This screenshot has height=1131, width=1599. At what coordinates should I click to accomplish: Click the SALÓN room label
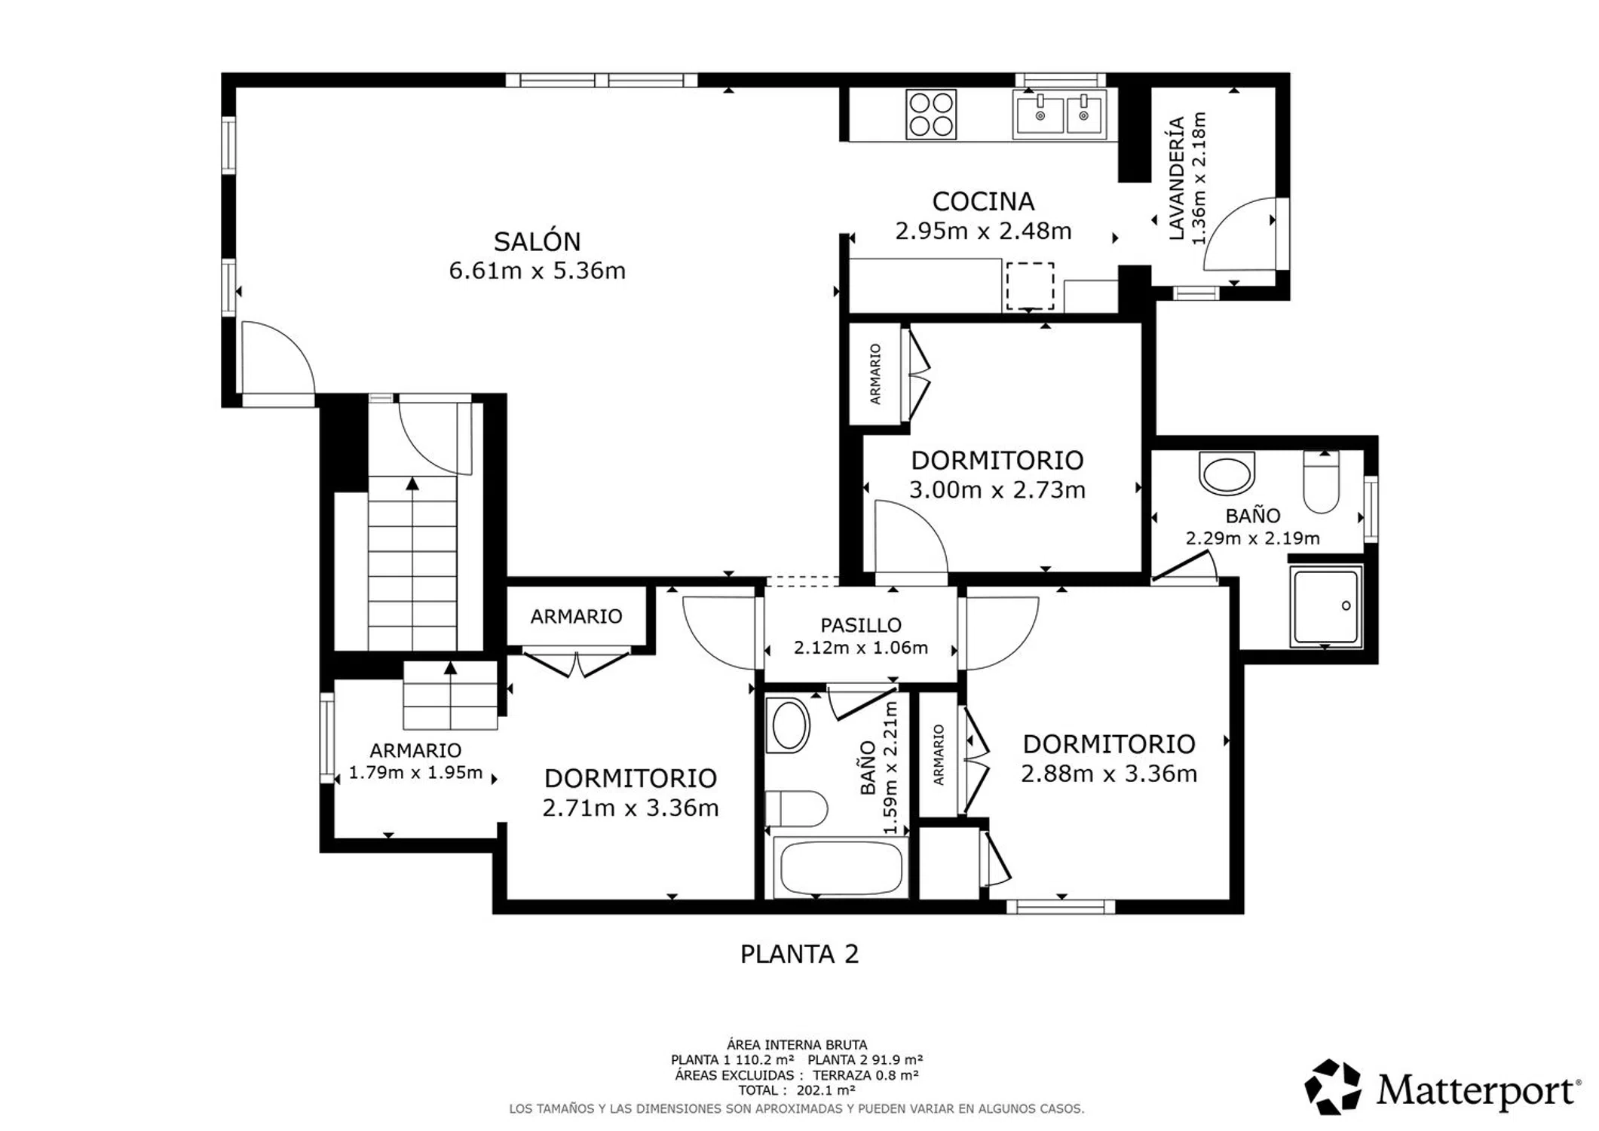coord(537,241)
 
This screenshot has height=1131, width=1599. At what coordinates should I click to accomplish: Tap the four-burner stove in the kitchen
coord(931,115)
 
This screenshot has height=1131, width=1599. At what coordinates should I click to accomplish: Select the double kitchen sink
coord(1060,114)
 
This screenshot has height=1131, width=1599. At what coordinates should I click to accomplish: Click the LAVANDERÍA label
coord(1176,179)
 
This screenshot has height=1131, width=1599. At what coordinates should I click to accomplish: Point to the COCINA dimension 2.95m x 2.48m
coord(983,231)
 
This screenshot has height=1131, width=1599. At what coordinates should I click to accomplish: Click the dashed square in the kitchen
coord(1030,286)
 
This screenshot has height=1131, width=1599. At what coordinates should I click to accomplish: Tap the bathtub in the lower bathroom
coord(841,868)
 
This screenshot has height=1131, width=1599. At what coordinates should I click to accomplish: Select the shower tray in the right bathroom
coord(1326,606)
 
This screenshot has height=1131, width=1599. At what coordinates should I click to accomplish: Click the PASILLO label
coord(861,625)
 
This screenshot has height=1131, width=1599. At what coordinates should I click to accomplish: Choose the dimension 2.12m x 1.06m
coord(861,648)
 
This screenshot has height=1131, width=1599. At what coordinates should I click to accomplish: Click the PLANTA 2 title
coord(799,955)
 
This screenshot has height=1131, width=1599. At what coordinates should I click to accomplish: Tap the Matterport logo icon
coord(1333,1087)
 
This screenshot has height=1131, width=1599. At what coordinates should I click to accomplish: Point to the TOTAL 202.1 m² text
coord(797,1090)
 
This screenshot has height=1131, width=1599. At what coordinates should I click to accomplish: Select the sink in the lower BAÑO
coord(788,725)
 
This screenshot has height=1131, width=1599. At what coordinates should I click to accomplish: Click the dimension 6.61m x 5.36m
coord(537,271)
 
